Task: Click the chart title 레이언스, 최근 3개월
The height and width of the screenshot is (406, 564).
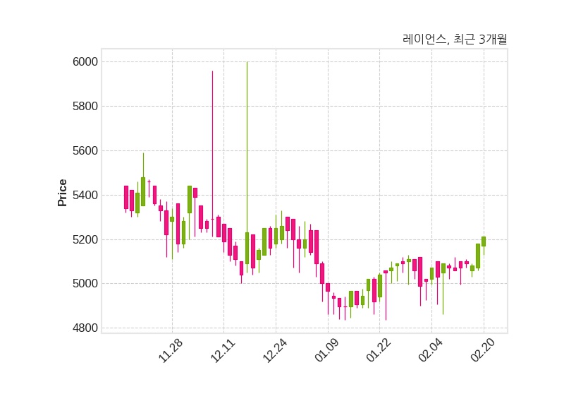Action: tap(455, 40)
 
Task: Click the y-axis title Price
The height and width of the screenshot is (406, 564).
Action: tap(63, 193)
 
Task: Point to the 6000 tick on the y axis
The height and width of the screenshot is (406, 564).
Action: tap(85, 62)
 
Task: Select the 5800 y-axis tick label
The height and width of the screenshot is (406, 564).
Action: tap(85, 107)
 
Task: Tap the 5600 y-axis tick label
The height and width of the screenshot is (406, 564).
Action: tap(85, 151)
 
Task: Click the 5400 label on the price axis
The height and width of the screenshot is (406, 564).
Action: tap(85, 196)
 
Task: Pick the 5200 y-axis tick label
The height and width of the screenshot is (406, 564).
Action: tap(85, 240)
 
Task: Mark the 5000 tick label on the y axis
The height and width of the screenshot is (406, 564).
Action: tap(85, 284)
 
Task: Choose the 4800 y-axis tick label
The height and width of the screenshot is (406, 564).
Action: tap(85, 328)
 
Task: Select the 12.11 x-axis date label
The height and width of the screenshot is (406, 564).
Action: tap(222, 350)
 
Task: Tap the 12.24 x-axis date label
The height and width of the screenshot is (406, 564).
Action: tap(274, 350)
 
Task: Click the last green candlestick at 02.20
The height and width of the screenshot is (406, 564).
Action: tap(484, 241)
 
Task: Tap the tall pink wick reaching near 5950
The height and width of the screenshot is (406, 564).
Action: tap(212, 141)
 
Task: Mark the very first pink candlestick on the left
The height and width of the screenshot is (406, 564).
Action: tap(126, 197)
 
